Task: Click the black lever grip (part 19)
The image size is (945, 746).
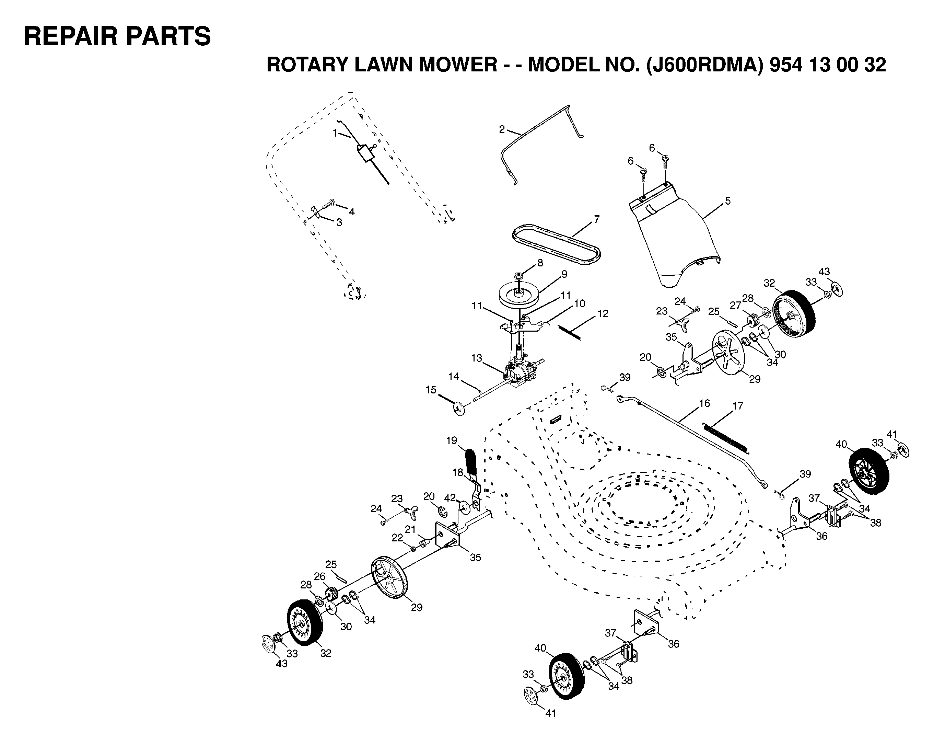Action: pyautogui.click(x=471, y=462)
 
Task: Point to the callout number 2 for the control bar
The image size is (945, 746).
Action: pyautogui.click(x=502, y=129)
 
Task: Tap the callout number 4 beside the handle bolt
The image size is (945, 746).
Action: pyautogui.click(x=351, y=212)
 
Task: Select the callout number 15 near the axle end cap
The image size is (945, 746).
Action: pyautogui.click(x=431, y=390)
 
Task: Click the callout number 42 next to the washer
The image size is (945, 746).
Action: pyautogui.click(x=450, y=497)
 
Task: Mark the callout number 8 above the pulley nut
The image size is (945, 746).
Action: pyautogui.click(x=540, y=263)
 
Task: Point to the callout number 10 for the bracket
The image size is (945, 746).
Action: pyautogui.click(x=580, y=303)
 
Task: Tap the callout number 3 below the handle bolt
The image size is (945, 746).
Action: pyautogui.click(x=339, y=222)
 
